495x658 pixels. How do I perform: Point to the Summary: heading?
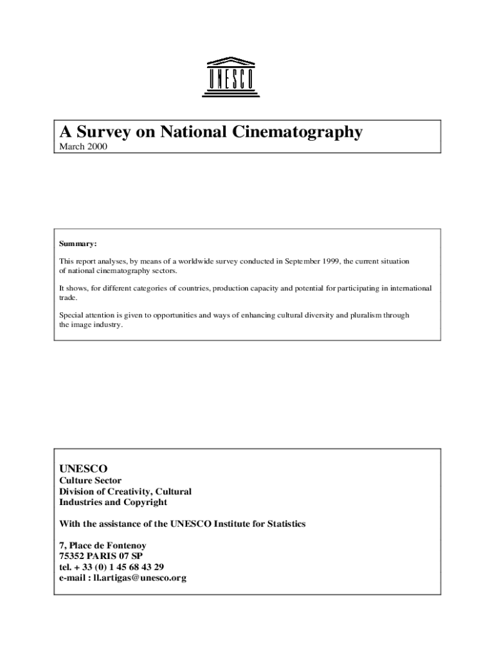pyautogui.click(x=78, y=244)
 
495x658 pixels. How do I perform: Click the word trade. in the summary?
pyautogui.click(x=69, y=298)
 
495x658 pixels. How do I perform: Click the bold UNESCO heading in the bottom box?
pyautogui.click(x=84, y=468)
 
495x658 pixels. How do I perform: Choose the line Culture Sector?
pyautogui.click(x=90, y=481)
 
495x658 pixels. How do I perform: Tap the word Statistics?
pyautogui.click(x=285, y=524)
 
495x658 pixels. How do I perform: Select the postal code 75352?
pyautogui.click(x=73, y=556)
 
